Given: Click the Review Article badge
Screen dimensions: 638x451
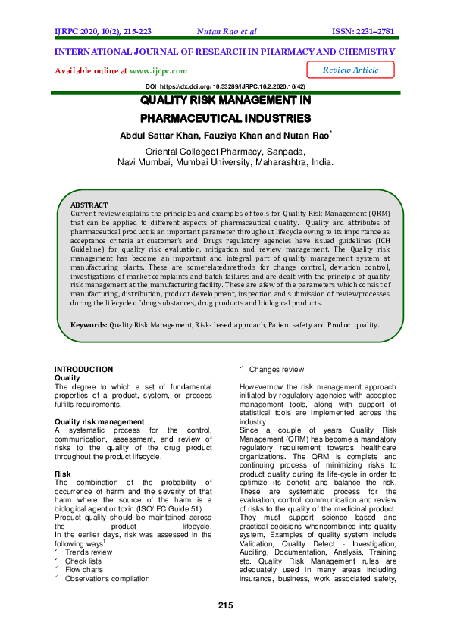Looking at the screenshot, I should coord(350,70).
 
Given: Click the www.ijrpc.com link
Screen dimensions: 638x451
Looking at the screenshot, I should coord(158,70).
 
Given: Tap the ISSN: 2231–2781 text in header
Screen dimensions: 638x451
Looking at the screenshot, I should coord(364,31).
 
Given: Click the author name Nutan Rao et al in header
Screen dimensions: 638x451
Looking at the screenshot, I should coord(227,31).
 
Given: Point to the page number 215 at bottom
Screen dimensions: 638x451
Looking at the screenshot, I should coord(225,605).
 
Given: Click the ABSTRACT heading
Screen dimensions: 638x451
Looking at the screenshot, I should coord(89,205).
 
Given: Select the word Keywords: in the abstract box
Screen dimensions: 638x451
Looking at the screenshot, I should coord(89,346).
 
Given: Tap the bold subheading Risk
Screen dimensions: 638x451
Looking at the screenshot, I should coord(62,474).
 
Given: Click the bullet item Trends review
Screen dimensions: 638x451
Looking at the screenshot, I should coord(88,552).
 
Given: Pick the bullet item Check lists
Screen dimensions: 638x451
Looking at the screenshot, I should coord(83,561).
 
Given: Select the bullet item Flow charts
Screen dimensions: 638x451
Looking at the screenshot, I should coord(84,570).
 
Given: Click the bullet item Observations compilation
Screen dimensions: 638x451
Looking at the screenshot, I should coord(107,579).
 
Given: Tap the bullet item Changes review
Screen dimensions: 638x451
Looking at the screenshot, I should coord(276,370).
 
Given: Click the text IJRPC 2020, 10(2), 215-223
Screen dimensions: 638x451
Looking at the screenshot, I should coord(103,31).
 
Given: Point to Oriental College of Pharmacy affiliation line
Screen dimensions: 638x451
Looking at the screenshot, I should coord(225,152).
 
